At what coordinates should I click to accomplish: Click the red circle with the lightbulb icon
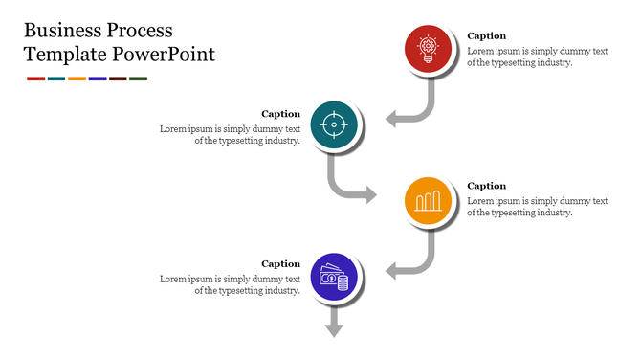[x=428, y=49]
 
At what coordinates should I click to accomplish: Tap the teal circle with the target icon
[x=334, y=124]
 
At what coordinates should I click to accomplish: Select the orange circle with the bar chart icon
[x=428, y=201]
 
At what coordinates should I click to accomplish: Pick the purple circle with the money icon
[x=334, y=278]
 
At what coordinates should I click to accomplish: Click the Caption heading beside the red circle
[x=486, y=36]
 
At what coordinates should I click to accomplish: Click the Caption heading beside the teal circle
[x=281, y=114]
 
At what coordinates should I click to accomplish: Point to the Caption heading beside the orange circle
[x=486, y=186]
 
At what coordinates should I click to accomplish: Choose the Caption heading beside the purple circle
[x=281, y=263]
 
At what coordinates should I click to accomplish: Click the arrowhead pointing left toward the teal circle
[x=392, y=119]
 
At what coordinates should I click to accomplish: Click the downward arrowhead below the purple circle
[x=334, y=330]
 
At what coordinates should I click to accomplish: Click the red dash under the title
[x=35, y=79]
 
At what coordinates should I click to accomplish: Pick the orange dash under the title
[x=77, y=79]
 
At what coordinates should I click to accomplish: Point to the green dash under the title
[x=138, y=79]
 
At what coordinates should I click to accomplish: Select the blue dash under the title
[x=97, y=79]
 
